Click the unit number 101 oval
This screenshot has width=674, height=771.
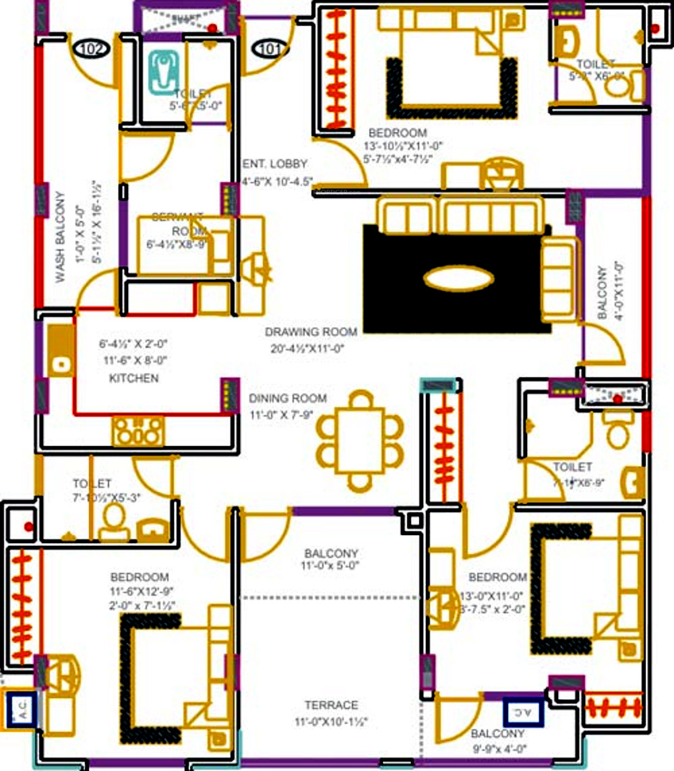[270, 49]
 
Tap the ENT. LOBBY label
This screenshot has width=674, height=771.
[275, 163]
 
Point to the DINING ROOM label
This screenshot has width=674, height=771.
[288, 398]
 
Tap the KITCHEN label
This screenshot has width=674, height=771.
[133, 378]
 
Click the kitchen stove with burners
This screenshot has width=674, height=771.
[138, 431]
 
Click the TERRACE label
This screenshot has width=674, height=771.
[331, 705]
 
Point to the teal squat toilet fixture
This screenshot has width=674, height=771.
[162, 71]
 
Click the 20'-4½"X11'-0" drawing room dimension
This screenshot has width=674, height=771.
[305, 348]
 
